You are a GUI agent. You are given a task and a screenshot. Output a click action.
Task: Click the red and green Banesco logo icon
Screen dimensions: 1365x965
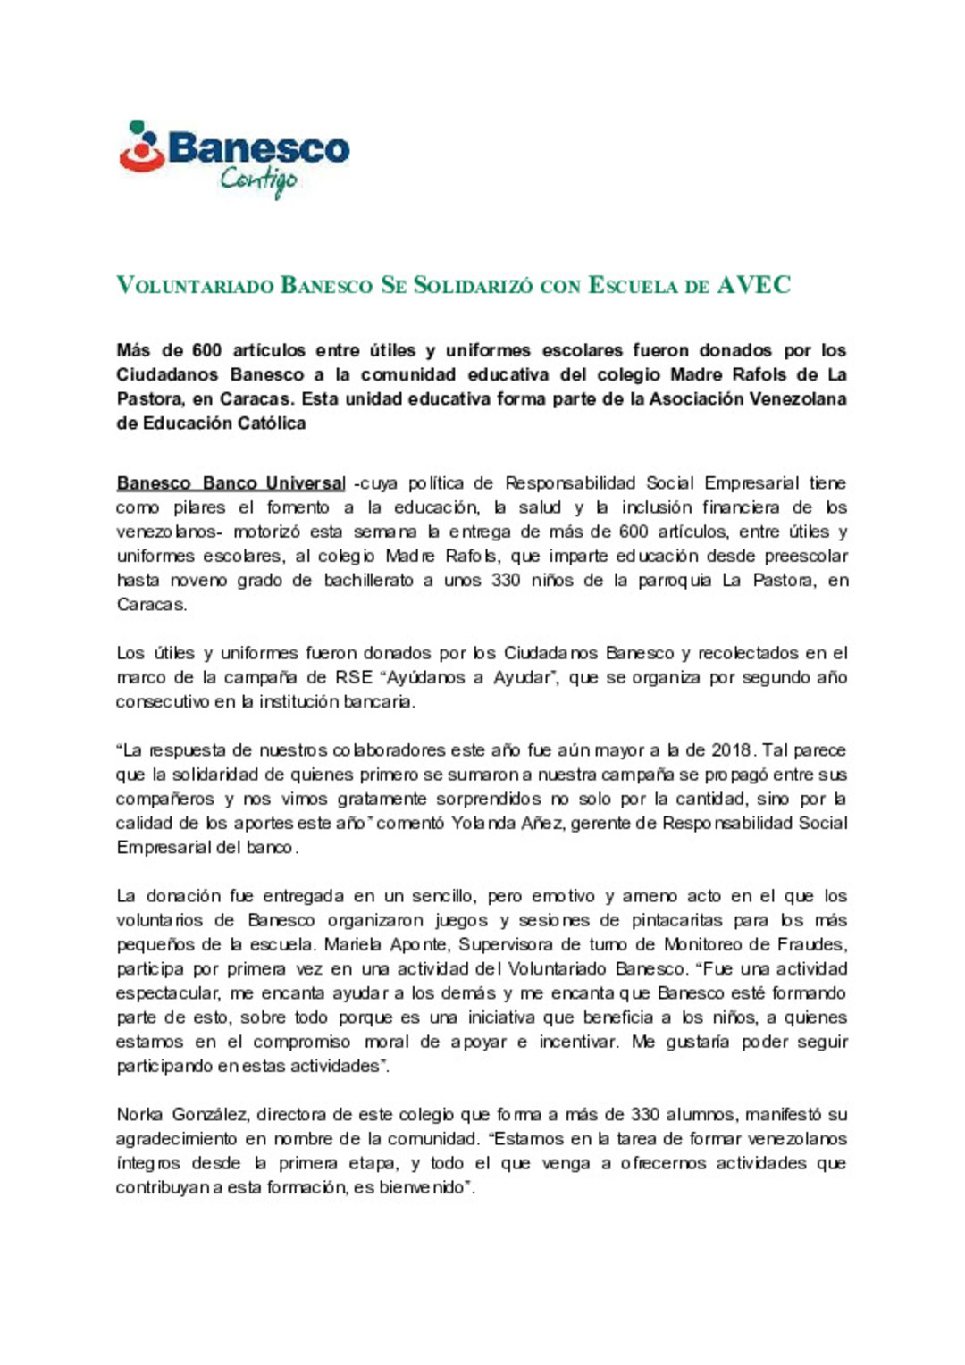(142, 147)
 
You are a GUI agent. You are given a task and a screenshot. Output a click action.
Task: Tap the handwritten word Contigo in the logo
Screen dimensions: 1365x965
(258, 180)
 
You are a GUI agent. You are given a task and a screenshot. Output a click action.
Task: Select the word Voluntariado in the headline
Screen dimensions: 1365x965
(195, 286)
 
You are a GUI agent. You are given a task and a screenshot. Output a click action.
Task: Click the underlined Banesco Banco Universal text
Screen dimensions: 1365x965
(231, 483)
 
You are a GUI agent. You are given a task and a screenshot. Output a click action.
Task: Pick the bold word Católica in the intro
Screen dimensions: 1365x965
(270, 423)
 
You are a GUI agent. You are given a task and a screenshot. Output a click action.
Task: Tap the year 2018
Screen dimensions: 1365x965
(732, 750)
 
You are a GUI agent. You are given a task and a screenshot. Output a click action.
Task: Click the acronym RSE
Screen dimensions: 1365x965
(354, 677)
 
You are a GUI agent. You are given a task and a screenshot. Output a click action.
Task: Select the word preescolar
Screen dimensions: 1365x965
(803, 556)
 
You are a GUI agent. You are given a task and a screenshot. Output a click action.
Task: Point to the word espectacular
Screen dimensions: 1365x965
(167, 993)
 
